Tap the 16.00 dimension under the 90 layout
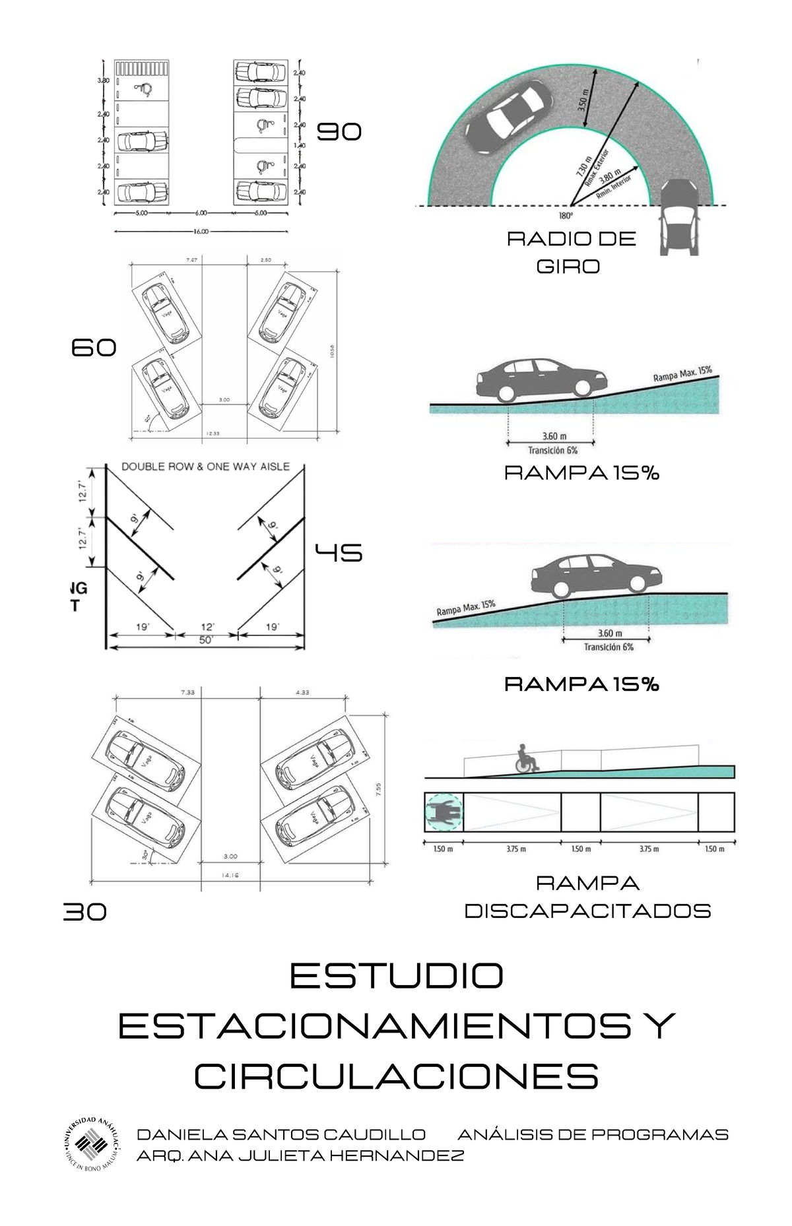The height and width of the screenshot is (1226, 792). click(x=201, y=232)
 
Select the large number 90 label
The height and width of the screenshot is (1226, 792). click(x=339, y=132)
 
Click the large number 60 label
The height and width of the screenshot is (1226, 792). click(x=94, y=347)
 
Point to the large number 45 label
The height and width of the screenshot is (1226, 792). click(x=339, y=552)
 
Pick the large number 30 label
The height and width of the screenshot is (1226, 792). click(x=84, y=911)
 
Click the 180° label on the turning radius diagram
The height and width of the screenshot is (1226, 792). click(x=566, y=215)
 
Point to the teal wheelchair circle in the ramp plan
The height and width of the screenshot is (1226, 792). click(x=444, y=812)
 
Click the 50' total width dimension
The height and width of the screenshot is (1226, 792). click(x=206, y=640)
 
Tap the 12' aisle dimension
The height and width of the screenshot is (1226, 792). click(x=207, y=627)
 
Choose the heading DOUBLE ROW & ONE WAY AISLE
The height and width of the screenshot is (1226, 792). click(x=205, y=467)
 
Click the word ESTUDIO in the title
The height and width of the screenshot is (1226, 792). click(x=396, y=976)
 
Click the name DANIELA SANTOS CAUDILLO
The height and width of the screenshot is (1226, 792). click(x=280, y=1134)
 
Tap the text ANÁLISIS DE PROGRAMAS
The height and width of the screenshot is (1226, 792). click(x=593, y=1134)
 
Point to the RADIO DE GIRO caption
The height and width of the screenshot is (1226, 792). click(x=570, y=252)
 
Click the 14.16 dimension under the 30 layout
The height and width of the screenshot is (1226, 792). click(x=230, y=876)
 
